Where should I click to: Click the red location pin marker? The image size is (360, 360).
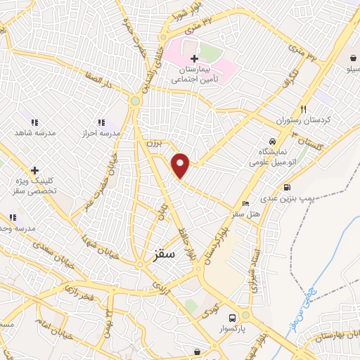(181, 165)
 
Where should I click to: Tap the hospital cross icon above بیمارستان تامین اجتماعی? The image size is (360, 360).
(194, 56)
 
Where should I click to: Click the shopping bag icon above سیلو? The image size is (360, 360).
(351, 58)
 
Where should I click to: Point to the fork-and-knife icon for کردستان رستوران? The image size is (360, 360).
(304, 109)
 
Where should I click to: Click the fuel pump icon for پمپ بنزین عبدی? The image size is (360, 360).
(287, 188)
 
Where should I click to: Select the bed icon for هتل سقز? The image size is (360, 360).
(245, 203)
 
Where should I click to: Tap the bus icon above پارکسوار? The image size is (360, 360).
(243, 316)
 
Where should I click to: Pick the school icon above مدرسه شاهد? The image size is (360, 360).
(34, 121)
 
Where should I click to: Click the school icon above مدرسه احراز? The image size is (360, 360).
(101, 122)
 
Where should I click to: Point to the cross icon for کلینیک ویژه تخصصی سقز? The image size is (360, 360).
(34, 170)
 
